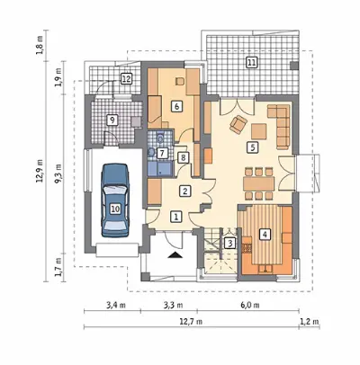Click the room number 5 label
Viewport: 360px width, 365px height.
click(252, 147)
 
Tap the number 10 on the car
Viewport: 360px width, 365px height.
click(115, 209)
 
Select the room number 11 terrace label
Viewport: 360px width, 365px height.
click(251, 62)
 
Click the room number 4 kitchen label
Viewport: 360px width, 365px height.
click(264, 234)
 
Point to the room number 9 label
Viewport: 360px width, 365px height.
click(112, 120)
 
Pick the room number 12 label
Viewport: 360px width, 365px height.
click(126, 79)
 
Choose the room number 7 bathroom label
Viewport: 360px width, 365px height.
click(162, 154)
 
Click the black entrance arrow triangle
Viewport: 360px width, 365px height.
click(175, 255)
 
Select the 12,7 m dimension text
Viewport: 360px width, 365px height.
click(191, 322)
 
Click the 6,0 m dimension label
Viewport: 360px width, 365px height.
click(249, 306)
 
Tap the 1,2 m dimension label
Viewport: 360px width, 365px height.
click(310, 322)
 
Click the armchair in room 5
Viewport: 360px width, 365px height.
click(238, 124)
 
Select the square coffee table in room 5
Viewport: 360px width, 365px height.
click(259, 132)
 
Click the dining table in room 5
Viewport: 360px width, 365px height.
click(259, 183)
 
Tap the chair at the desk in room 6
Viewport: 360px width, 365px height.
click(180, 81)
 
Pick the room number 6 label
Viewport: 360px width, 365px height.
click(176, 106)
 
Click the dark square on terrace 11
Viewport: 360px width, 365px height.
click(295, 66)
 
